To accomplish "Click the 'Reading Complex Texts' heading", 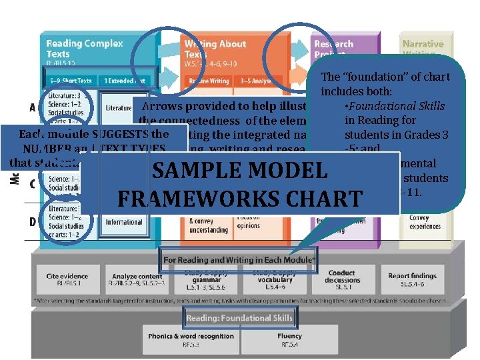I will click(x=85, y=48).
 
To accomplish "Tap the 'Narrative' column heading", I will click(x=423, y=44).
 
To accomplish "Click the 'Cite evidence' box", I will click(x=67, y=279).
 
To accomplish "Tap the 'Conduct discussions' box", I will click(x=342, y=276).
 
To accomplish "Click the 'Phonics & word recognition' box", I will click(x=191, y=339).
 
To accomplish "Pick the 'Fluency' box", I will click(x=289, y=339).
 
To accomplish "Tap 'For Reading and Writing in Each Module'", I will click(x=240, y=259).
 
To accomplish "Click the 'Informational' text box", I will click(x=124, y=222).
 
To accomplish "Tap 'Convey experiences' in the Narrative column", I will click(x=419, y=222).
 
